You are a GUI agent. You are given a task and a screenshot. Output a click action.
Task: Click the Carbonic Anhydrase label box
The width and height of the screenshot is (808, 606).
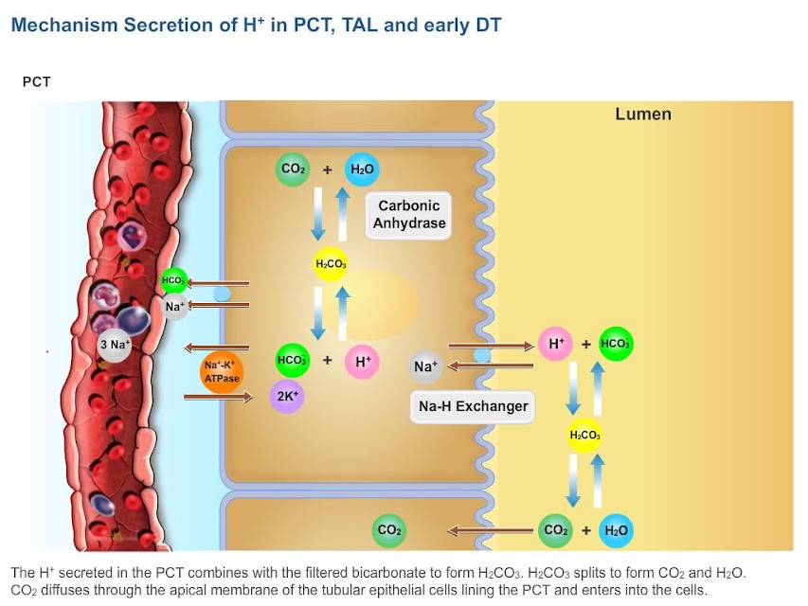coord(408,215)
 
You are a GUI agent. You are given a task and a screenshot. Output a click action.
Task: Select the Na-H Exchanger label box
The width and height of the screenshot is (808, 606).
coord(473,406)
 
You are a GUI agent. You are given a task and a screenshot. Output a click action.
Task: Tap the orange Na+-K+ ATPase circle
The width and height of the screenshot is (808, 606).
coord(222,371)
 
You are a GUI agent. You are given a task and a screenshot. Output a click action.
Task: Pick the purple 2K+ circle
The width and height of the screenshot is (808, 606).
coord(287,397)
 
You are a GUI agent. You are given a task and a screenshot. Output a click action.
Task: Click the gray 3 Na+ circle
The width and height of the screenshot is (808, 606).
coord(115,345)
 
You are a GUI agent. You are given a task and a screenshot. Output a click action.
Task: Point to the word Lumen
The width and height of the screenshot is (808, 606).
coord(643,114)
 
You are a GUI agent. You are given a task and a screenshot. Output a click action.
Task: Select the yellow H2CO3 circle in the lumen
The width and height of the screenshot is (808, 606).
coord(584,436)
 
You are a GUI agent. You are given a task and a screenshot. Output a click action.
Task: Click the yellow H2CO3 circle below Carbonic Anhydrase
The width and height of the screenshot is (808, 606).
coord(331,264)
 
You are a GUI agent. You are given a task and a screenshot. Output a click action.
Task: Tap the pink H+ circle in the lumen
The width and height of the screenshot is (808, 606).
coord(555,343)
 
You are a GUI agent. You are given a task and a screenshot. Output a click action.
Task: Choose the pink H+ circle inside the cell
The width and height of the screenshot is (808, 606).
coord(362,362)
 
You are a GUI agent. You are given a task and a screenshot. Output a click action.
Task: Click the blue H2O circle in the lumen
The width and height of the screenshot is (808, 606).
coord(616,530)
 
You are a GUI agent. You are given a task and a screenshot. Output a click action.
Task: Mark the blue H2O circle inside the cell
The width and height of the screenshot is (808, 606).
coord(362,169)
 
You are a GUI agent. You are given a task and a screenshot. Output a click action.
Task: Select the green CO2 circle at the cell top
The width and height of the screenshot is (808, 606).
coord(293,169)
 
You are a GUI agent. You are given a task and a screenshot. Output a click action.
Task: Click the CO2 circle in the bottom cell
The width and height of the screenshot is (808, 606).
coord(389,530)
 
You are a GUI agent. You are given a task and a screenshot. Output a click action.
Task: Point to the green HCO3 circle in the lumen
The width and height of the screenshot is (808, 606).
coord(616,344)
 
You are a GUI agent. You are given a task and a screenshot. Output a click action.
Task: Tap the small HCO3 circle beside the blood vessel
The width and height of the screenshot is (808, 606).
coord(173,281)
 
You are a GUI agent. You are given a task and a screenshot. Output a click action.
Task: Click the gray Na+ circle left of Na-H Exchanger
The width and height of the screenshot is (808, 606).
coord(425,366)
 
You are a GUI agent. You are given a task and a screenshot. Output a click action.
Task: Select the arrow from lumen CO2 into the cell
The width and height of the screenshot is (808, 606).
coord(490,530)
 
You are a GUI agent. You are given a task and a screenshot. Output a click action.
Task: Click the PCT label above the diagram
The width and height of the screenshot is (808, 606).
coord(36,82)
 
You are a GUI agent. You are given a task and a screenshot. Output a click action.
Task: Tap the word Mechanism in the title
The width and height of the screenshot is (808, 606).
coord(64,26)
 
